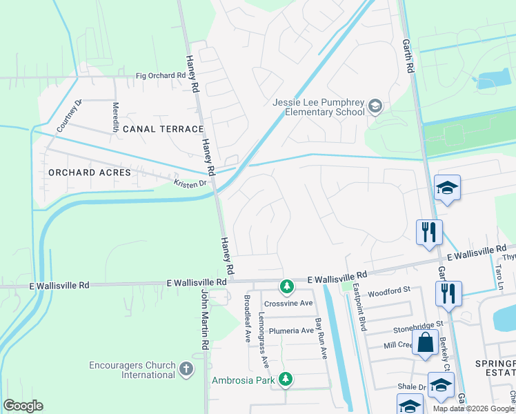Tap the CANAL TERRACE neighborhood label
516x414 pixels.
point(163,129)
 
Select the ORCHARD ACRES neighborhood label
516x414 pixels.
point(90,172)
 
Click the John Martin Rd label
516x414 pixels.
point(204,318)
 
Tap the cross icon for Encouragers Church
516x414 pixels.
point(186,369)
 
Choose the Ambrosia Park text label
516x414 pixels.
point(242,379)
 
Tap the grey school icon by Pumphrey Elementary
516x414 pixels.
point(375,106)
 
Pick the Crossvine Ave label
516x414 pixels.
point(288,303)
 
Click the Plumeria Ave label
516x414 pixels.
point(291,331)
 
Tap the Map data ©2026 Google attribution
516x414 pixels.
point(473,408)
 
